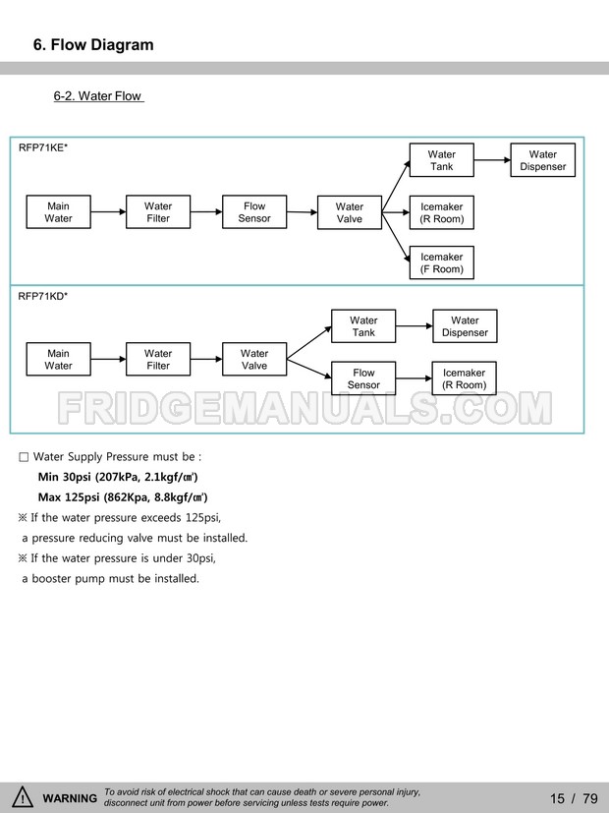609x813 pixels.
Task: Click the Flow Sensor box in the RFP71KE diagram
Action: [x=254, y=212]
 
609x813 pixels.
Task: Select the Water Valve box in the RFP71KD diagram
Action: [x=254, y=360]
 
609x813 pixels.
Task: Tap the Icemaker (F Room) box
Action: [x=441, y=262]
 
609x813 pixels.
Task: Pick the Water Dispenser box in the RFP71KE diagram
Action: [x=542, y=160]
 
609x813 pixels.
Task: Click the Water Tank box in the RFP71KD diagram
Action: [x=363, y=326]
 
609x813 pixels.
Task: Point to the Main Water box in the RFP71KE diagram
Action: [x=58, y=212]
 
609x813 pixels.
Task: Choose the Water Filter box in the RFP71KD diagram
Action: [x=158, y=360]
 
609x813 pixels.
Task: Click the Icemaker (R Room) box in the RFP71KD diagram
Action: [x=464, y=378]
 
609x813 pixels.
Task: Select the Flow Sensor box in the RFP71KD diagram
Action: [x=363, y=378]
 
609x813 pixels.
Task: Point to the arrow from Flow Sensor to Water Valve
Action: [x=302, y=212]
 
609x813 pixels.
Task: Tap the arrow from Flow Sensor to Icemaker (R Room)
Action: [x=414, y=378]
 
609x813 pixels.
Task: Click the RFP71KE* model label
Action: [x=43, y=147]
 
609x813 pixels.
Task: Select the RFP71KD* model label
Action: [x=43, y=295]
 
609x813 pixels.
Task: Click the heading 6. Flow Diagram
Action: [x=93, y=45]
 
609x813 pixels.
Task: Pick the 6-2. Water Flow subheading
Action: [x=98, y=96]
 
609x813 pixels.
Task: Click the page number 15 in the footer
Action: [x=557, y=798]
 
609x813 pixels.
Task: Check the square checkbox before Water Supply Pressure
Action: [x=24, y=457]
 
